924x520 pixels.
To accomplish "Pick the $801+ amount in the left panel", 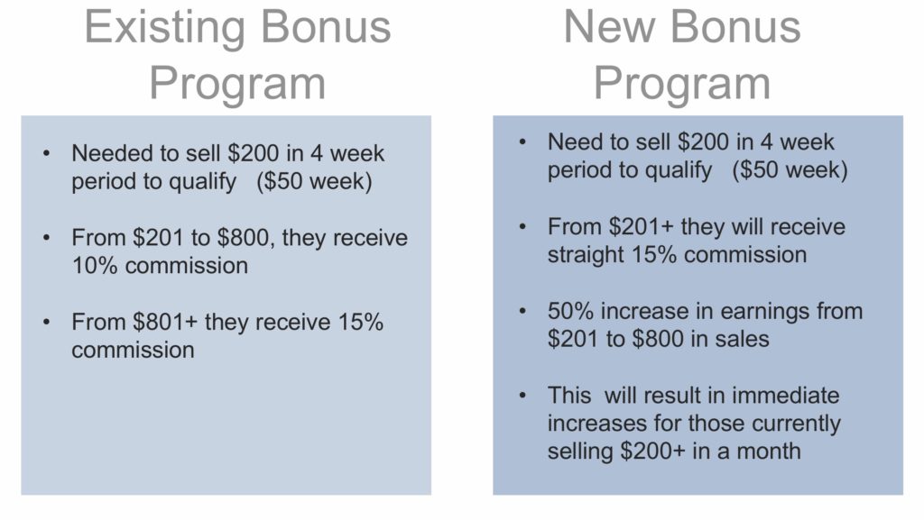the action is pos(165,322).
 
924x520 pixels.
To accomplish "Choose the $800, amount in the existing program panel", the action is pos(244,238).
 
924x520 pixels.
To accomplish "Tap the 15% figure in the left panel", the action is pos(361,322).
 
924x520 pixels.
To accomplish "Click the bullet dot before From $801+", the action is pos(47,322).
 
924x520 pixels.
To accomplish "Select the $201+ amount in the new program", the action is pos(642,226).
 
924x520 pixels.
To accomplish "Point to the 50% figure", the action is pos(570,311).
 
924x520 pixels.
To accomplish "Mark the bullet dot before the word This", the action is pos(522,396).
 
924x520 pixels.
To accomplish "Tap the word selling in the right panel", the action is pos(580,452).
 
